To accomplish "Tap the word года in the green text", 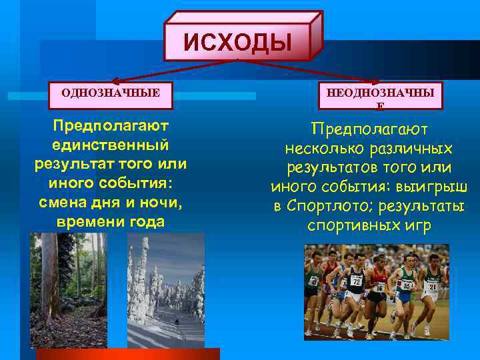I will pos(142,221).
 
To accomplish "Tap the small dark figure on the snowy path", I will pos(177,321).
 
